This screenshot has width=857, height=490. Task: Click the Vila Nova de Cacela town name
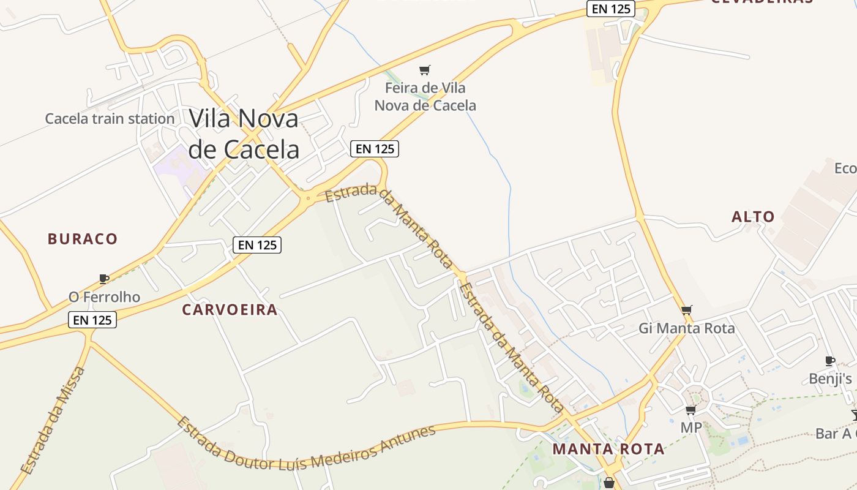244,134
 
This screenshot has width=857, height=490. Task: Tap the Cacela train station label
110,119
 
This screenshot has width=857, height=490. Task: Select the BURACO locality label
83,239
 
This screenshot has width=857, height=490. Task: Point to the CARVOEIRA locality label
230,310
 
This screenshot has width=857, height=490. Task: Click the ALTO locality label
753,217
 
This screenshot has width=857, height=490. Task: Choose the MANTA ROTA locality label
608,449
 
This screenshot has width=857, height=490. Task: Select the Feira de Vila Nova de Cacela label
425,97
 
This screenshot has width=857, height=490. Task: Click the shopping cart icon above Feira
425,70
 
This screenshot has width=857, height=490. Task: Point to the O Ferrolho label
104,297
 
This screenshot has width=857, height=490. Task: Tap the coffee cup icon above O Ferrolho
104,279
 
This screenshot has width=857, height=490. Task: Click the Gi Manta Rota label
686,328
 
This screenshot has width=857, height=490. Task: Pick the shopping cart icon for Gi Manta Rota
686,310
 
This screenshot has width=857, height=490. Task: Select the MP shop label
691,428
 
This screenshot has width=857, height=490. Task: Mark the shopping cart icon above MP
691,410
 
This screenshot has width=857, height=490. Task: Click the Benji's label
830,379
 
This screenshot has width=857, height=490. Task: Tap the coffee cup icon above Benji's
830,361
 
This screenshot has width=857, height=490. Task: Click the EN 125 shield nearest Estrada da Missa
92,320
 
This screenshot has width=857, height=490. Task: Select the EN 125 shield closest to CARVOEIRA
257,245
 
